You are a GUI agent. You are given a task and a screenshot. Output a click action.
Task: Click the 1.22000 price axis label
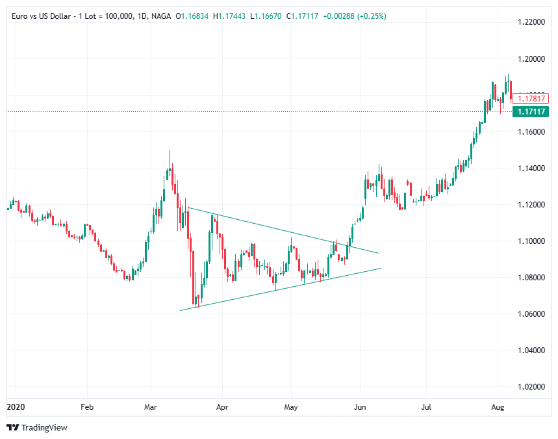tap(531, 22)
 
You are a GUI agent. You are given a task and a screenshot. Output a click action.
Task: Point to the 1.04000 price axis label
tap(531, 351)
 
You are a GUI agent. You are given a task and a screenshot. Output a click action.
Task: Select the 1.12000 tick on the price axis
tap(531, 205)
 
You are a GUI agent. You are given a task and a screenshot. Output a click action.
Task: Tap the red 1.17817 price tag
tap(531, 99)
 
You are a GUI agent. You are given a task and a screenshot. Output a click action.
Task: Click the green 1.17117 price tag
tap(531, 112)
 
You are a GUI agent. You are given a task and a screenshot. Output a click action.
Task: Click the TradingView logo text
tap(44, 427)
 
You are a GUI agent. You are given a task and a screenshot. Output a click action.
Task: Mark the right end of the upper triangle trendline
tap(378, 253)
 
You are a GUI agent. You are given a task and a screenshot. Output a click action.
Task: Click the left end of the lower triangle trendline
tap(180, 310)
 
